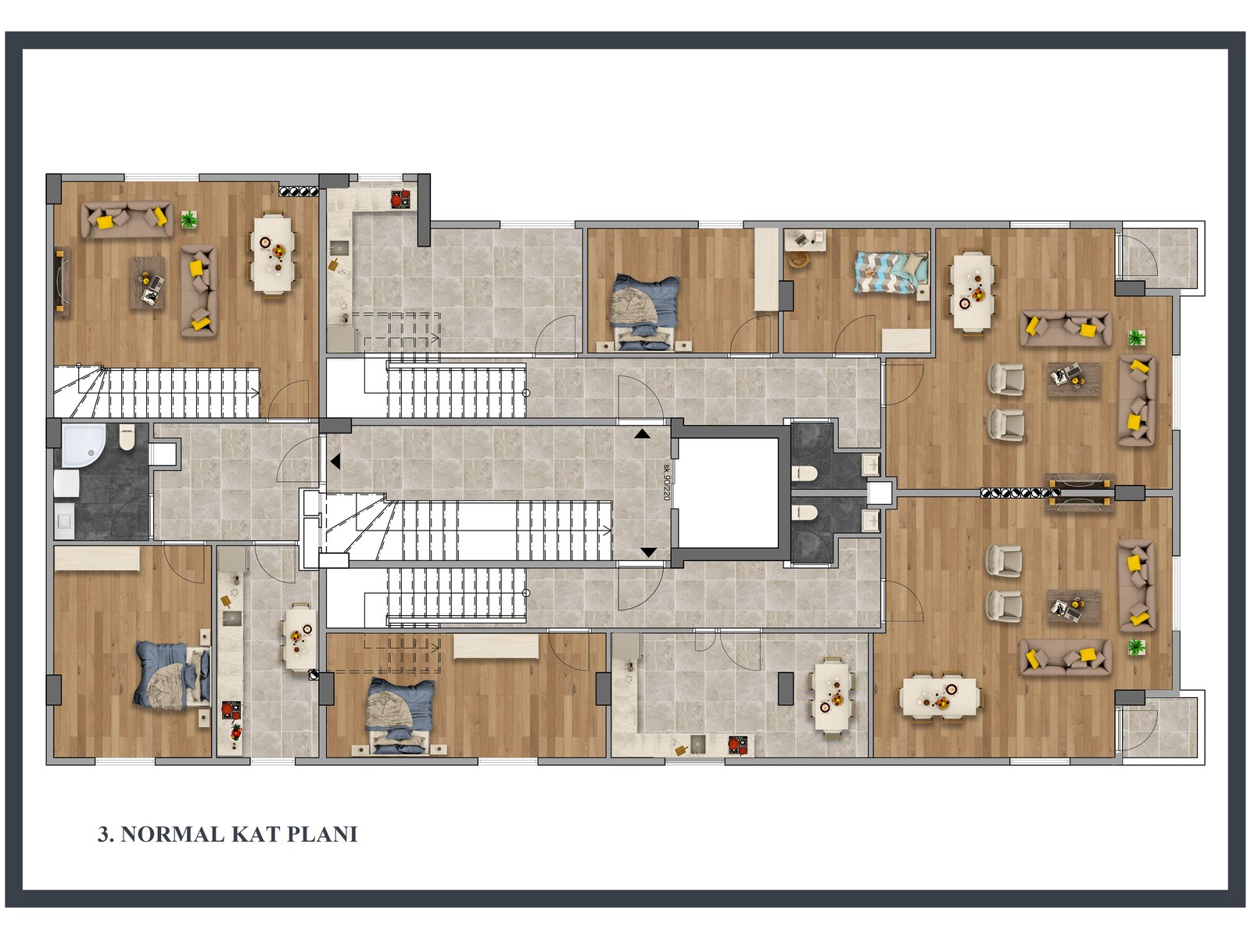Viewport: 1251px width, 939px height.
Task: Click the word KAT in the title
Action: pyautogui.click(x=255, y=834)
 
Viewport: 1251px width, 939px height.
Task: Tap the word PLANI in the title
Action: pyautogui.click(x=322, y=834)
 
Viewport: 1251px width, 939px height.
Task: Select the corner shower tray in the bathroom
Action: pyautogui.click(x=83, y=445)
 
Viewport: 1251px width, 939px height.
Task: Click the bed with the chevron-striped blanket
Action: pyautogui.click(x=891, y=273)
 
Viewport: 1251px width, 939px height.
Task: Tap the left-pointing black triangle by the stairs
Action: pyautogui.click(x=335, y=462)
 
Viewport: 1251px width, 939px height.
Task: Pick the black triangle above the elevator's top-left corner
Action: pyautogui.click(x=642, y=434)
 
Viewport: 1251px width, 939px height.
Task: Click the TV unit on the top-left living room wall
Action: pyautogui.click(x=62, y=282)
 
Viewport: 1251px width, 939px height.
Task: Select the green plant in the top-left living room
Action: pyautogui.click(x=189, y=220)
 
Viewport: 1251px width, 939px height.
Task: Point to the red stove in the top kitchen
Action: pyautogui.click(x=400, y=200)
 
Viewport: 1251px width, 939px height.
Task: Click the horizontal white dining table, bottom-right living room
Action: pyautogui.click(x=939, y=696)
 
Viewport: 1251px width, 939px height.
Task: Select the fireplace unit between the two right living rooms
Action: pyautogui.click(x=1081, y=492)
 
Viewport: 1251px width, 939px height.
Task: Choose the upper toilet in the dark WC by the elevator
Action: pyautogui.click(x=805, y=473)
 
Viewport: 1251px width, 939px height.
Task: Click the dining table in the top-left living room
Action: pyautogui.click(x=273, y=254)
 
